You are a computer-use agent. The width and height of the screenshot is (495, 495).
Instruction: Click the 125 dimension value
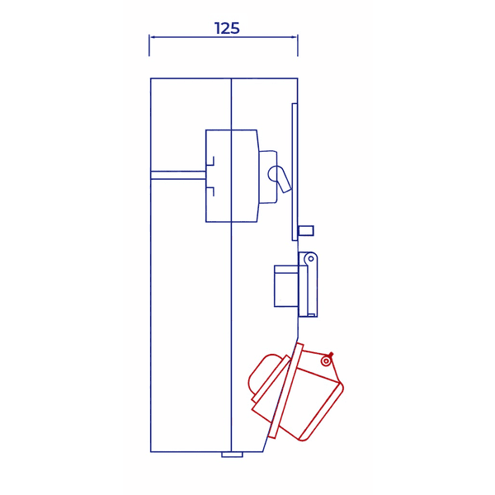(x=227, y=28)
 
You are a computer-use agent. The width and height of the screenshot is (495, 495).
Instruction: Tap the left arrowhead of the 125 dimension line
(x=153, y=37)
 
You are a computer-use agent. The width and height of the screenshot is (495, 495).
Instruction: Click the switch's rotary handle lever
(x=281, y=179)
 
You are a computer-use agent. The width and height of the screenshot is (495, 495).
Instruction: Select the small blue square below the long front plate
(x=305, y=230)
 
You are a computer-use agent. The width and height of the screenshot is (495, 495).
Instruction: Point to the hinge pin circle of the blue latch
(x=311, y=259)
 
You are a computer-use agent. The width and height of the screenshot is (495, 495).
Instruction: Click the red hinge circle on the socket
(x=327, y=361)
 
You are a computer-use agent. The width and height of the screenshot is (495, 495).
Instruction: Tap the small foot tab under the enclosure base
(x=232, y=455)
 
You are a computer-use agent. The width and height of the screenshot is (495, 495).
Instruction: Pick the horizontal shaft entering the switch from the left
(x=178, y=175)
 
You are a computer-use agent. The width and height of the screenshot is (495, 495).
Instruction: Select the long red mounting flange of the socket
(x=285, y=391)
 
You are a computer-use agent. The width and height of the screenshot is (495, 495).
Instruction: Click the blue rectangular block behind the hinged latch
(x=286, y=286)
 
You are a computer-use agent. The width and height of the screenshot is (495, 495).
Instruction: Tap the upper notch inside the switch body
(x=210, y=161)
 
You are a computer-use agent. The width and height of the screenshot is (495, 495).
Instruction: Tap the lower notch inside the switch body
(x=210, y=192)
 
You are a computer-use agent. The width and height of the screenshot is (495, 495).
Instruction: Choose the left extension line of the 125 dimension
(x=149, y=45)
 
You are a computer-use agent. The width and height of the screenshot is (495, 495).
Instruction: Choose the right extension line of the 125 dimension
(x=298, y=45)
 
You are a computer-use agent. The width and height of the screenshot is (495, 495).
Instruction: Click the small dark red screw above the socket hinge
(x=330, y=354)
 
